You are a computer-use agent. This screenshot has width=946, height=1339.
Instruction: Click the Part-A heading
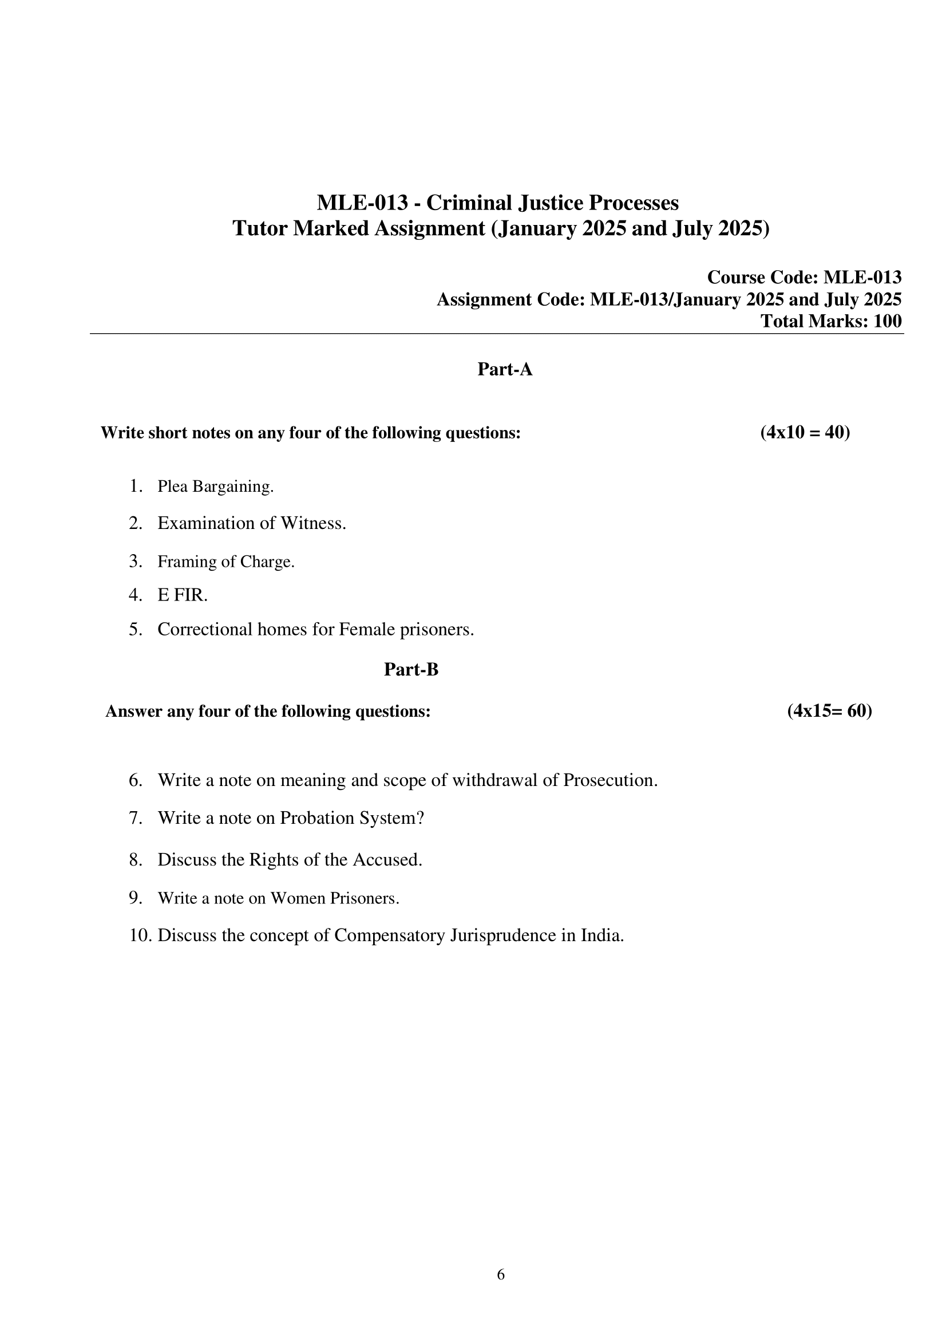504,369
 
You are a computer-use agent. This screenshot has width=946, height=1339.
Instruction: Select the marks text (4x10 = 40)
805,432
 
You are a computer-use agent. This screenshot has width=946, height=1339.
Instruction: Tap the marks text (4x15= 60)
829,711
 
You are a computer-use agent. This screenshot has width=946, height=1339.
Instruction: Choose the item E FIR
183,595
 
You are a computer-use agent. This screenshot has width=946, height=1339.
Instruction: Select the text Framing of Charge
225,562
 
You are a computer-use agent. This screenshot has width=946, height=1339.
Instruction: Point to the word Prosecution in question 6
609,780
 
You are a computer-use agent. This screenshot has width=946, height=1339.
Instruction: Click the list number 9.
135,898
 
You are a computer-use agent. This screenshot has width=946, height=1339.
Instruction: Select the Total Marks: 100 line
830,321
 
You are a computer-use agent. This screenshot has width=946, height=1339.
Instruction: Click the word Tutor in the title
260,228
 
